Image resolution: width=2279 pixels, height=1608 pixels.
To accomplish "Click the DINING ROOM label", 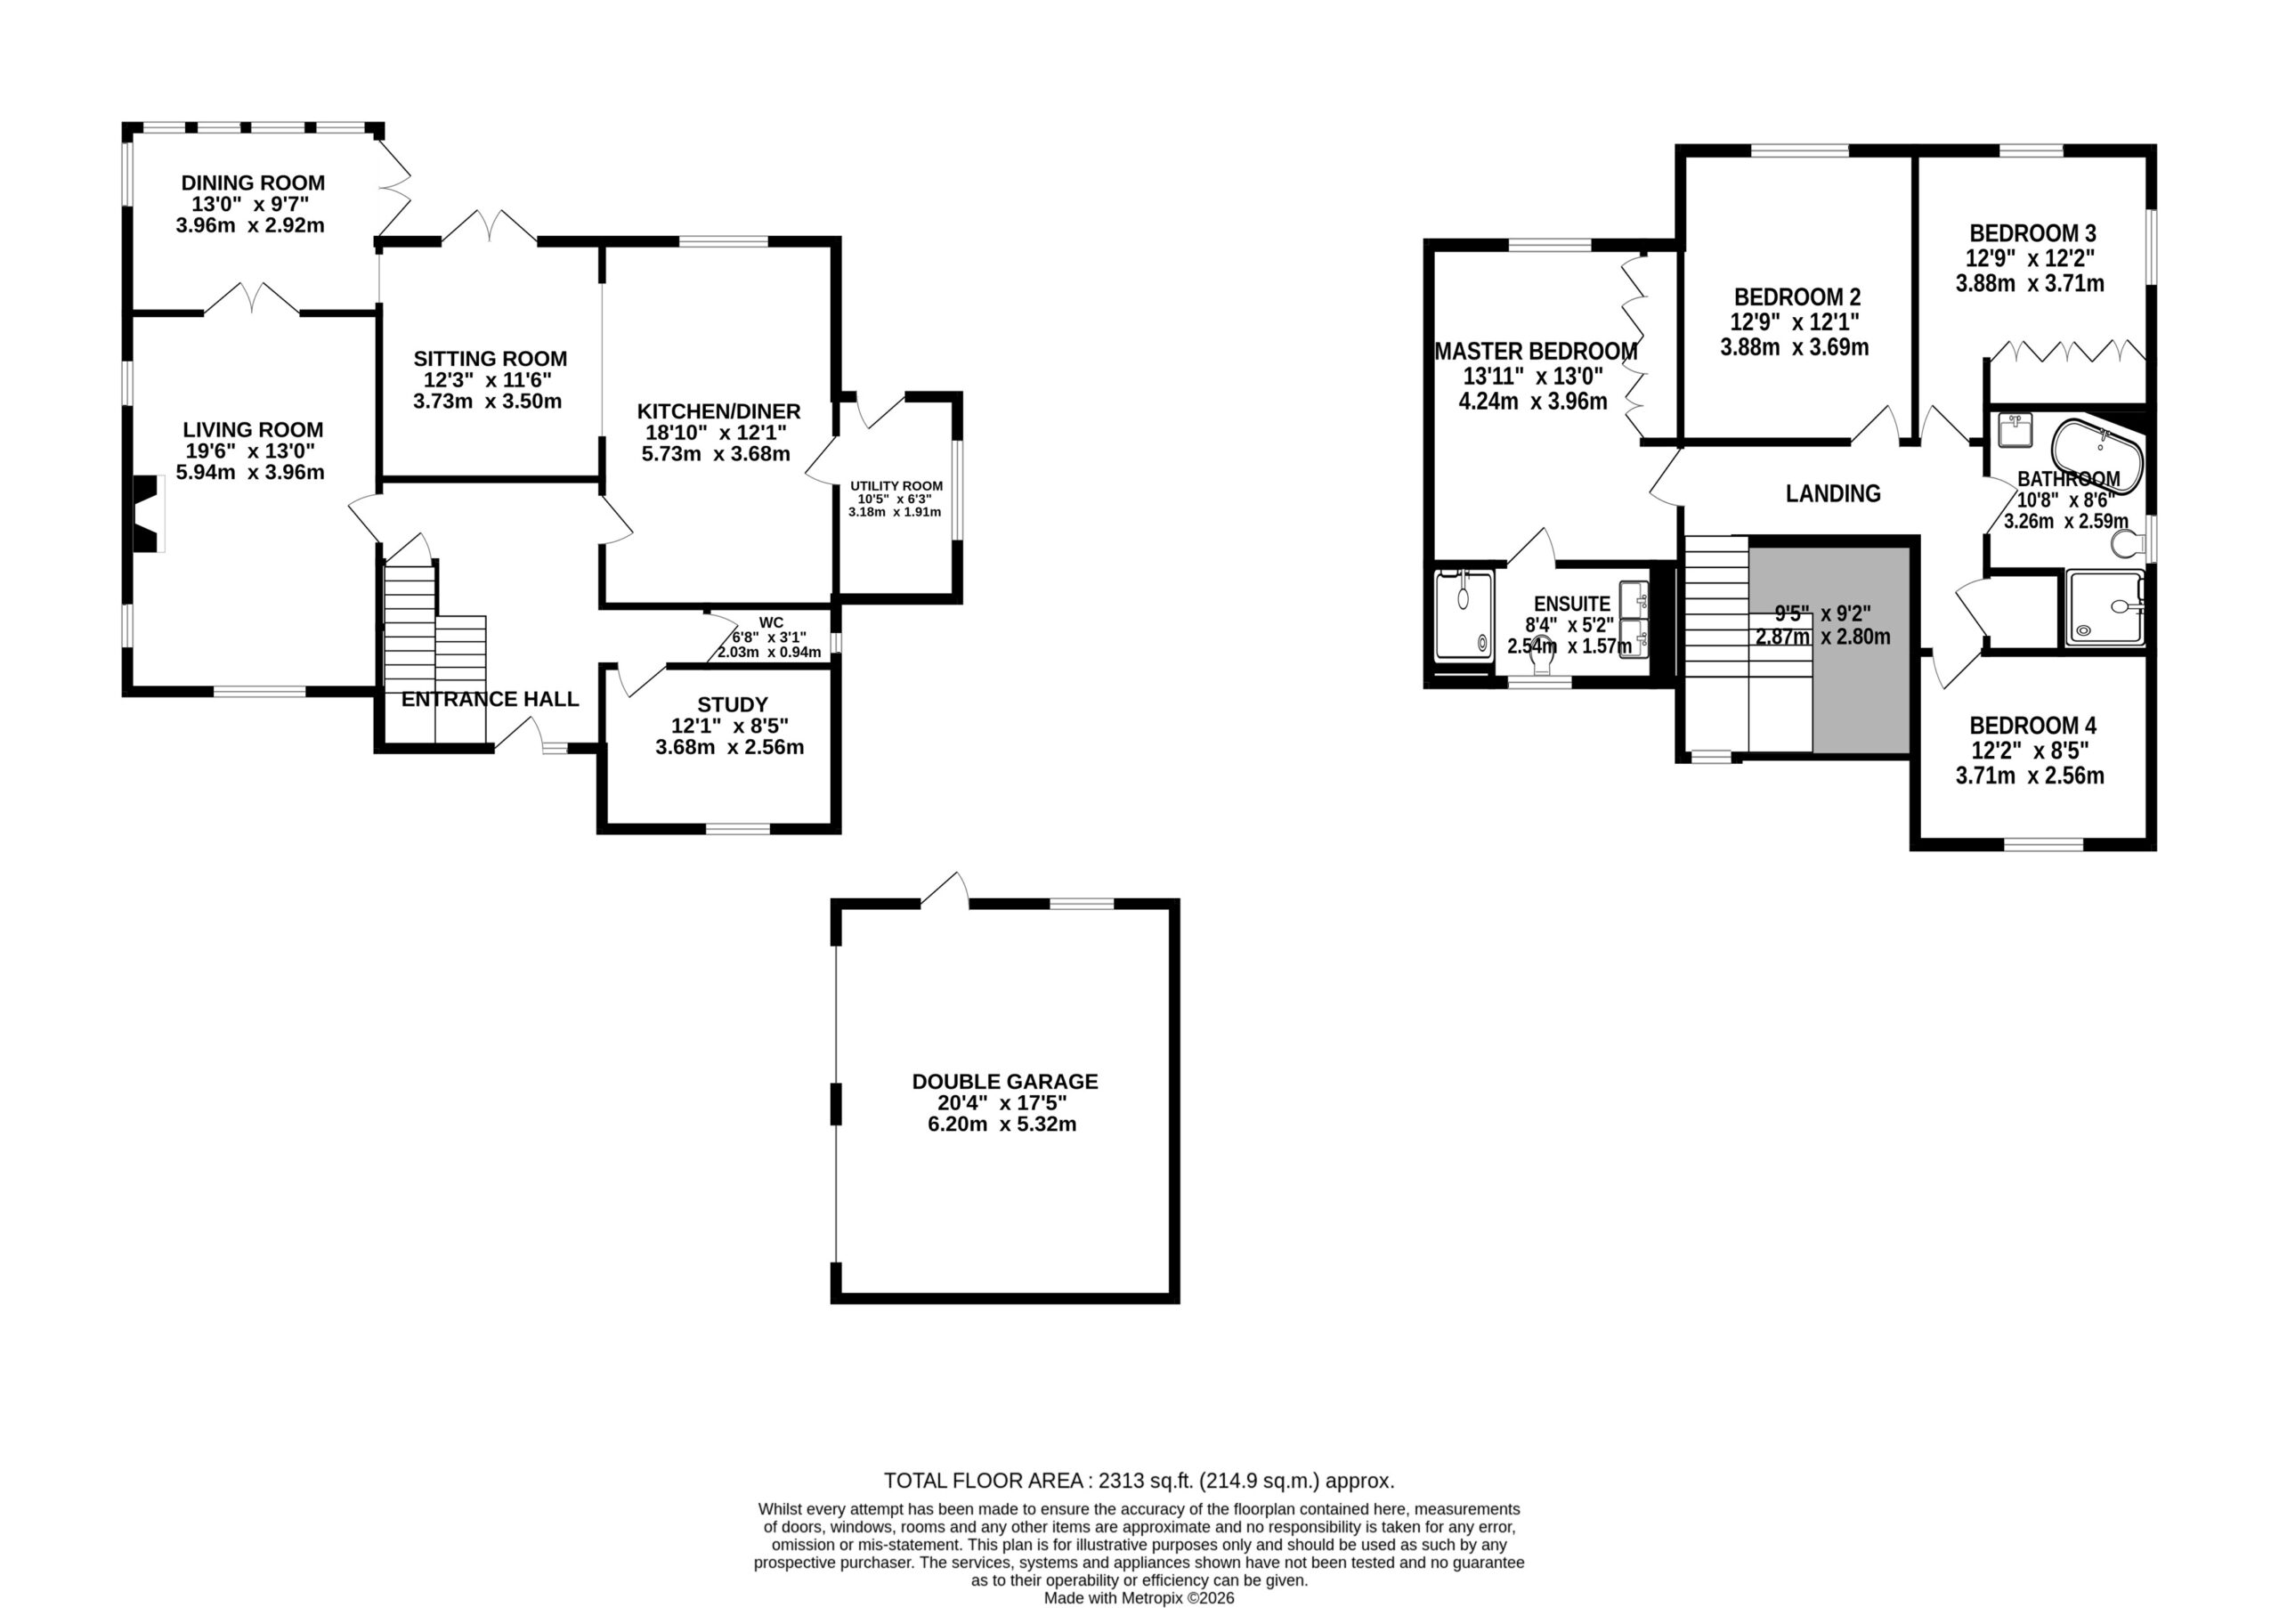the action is click(253, 183).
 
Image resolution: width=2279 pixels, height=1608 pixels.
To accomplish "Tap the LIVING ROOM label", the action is click(253, 430).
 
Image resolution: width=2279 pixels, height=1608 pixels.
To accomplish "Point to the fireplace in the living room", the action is click(149, 513).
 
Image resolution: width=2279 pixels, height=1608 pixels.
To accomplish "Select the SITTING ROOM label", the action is click(491, 358).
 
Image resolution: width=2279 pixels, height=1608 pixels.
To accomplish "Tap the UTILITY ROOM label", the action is click(896, 486).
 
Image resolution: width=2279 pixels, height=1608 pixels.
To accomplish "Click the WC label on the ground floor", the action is click(771, 623).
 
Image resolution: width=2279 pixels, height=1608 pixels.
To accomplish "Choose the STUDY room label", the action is click(733, 705).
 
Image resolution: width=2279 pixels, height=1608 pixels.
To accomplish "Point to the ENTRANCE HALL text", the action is click(491, 699).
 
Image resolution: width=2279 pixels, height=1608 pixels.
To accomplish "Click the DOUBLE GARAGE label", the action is click(1005, 1081).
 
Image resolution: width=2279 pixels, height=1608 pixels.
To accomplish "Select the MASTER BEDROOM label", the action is click(1537, 352).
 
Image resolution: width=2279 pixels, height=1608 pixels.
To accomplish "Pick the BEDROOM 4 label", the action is click(2032, 726).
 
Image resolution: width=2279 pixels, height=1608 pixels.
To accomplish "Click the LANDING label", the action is click(1833, 493).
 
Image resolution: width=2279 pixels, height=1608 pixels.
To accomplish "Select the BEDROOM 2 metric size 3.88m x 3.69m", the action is click(1795, 347).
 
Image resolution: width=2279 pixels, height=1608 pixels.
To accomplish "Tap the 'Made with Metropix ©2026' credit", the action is click(1139, 1598).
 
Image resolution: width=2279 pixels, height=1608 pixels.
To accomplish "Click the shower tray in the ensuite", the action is click(1464, 614).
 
